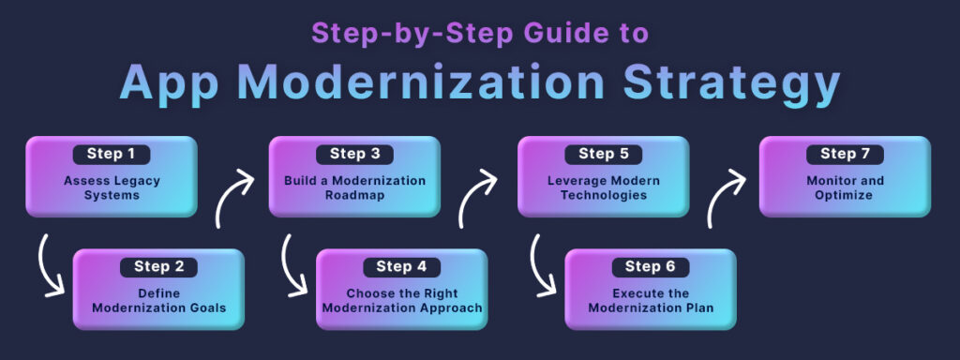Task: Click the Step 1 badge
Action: click(111, 154)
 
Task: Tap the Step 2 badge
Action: click(158, 266)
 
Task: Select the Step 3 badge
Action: click(354, 154)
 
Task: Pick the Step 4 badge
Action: click(401, 266)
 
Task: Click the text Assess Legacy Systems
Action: click(111, 187)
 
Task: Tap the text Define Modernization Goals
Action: click(158, 300)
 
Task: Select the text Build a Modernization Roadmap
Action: click(354, 187)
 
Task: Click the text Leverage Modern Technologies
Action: click(603, 187)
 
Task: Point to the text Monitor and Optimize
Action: click(845, 187)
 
